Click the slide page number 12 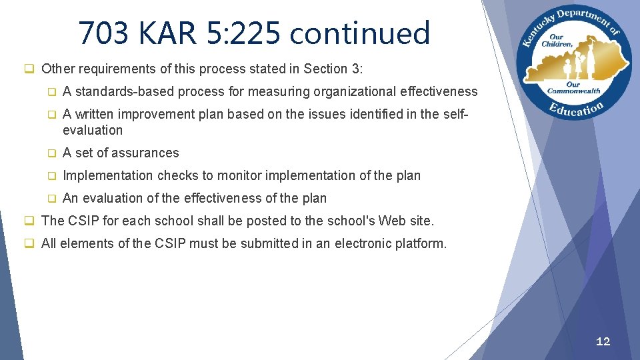coord(603,341)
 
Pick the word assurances coord(147,153)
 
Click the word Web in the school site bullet coord(391,221)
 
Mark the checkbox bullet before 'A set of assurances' coord(51,153)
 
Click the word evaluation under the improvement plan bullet coord(93,130)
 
